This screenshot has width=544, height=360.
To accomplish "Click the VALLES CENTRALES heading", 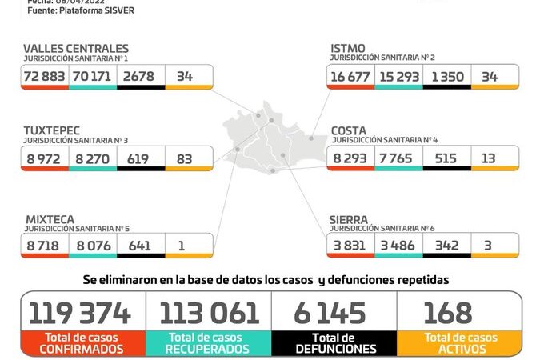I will tap(75, 50).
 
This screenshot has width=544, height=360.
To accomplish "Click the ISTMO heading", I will tap(348, 50).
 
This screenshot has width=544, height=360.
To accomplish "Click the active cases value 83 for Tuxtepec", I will tap(185, 158).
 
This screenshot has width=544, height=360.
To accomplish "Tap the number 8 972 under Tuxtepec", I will tap(46, 158).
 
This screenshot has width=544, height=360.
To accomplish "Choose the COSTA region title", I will tap(350, 131).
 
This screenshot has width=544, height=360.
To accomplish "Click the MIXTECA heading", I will tap(50, 219).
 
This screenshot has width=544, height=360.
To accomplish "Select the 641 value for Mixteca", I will tap(139, 246).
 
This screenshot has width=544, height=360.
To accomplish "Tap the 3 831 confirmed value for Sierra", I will tap(350, 246).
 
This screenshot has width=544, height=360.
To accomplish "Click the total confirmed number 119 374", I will tap(80, 313).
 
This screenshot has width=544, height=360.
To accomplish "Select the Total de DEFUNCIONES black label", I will tap(334, 344).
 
